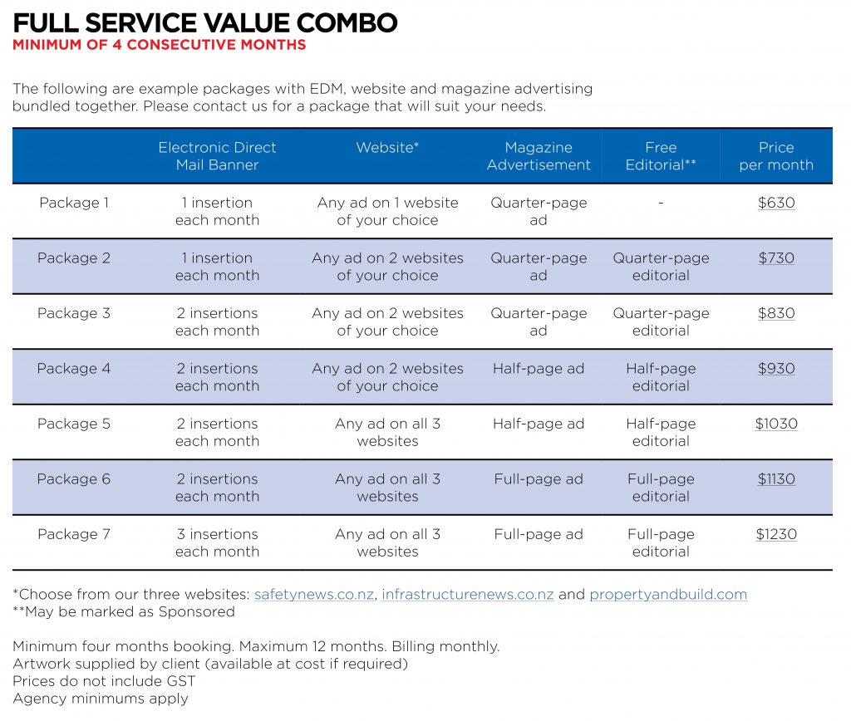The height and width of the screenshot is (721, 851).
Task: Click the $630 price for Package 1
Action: point(775,203)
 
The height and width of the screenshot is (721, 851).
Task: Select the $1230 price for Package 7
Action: point(775,534)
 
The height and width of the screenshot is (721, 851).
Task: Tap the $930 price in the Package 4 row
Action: point(775,369)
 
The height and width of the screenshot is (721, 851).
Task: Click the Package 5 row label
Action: point(74,424)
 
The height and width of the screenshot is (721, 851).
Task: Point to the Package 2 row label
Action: point(74,258)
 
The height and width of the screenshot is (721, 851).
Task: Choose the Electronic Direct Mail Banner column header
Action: point(217,156)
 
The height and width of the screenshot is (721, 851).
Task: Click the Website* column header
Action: point(387,148)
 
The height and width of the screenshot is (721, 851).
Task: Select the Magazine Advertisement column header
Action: point(539,156)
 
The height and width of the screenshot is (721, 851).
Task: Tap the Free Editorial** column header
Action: point(661,156)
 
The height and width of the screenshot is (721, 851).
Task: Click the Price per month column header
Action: point(775,156)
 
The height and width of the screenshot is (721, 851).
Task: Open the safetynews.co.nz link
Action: point(313,595)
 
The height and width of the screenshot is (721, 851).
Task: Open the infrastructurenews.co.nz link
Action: point(467,595)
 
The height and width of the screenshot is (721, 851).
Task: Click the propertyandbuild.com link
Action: point(668,595)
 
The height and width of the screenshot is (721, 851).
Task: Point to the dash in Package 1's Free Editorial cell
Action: point(661,203)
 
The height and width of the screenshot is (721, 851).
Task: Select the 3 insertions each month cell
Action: point(217,542)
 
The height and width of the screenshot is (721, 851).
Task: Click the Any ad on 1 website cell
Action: point(387,211)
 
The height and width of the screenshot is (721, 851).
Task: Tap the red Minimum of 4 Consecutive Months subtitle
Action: point(159,45)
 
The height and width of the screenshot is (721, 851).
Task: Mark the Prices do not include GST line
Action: point(104,681)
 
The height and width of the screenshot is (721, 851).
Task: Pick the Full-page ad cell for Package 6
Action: point(539,479)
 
